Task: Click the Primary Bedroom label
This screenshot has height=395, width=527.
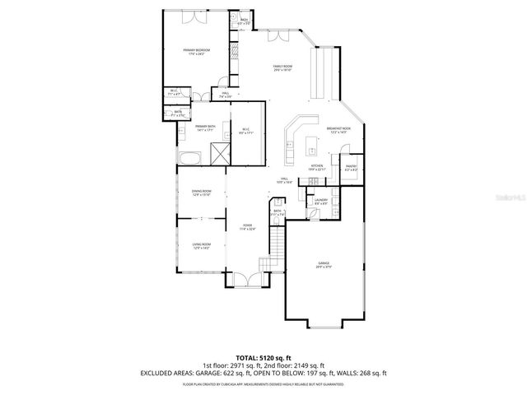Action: pyautogui.click(x=197, y=51)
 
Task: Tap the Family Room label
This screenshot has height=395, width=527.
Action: pyautogui.click(x=283, y=67)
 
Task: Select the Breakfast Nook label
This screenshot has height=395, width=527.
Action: pyautogui.click(x=338, y=130)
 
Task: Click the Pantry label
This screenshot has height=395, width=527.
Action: pyautogui.click(x=351, y=167)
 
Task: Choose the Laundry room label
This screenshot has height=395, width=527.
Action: pyautogui.click(x=321, y=201)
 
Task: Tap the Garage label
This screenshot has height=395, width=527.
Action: pyautogui.click(x=324, y=264)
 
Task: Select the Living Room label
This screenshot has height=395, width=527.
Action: pyautogui.click(x=202, y=245)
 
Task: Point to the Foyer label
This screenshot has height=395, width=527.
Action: pyautogui.click(x=247, y=227)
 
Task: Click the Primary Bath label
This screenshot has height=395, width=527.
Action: pyautogui.click(x=205, y=128)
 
